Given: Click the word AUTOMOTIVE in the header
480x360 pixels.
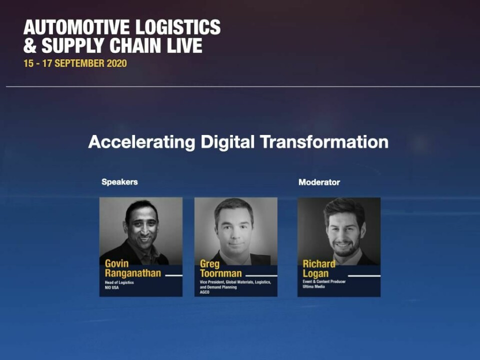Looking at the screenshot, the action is click(77, 27).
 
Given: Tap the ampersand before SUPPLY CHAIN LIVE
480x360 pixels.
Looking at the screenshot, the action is click(30, 45).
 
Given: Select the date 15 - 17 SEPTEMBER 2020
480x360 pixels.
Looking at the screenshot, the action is click(75, 63).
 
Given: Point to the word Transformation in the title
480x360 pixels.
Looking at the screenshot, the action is click(324, 142).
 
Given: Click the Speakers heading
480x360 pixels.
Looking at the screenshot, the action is click(119, 182).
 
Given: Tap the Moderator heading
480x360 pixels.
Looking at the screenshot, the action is click(319, 182).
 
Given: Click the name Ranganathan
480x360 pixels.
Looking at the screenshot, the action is click(133, 273).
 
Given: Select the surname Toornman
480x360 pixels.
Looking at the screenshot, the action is click(220, 273).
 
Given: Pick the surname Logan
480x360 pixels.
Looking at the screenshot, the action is click(315, 273).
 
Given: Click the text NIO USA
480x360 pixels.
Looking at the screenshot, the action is click(111, 288).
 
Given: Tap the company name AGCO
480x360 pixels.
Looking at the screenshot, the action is click(204, 292).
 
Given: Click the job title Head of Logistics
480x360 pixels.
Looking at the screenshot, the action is click(119, 282).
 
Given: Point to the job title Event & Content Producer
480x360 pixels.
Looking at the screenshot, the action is click(324, 281).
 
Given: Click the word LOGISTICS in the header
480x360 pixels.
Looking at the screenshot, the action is click(178, 27).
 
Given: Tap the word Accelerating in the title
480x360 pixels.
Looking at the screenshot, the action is click(141, 142).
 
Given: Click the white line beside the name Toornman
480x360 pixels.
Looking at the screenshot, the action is click(261, 276).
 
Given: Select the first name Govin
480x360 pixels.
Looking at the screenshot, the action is click(116, 263).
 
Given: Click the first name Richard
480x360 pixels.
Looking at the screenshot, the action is click(319, 264).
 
